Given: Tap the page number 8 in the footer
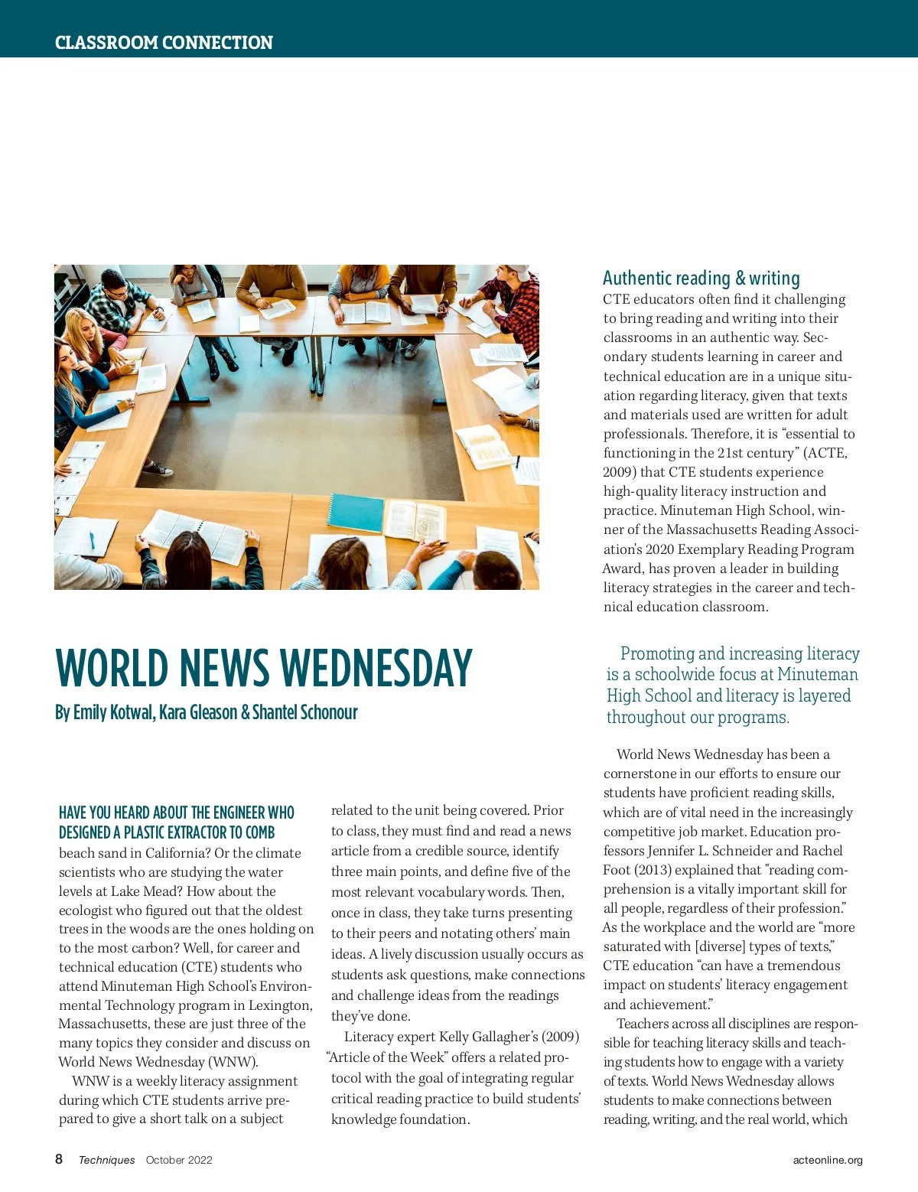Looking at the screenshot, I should (59, 1159).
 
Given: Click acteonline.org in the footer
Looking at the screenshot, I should (828, 1160).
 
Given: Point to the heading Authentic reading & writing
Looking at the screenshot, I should (701, 278).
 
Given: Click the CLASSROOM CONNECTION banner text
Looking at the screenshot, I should (164, 43).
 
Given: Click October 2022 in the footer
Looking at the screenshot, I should (179, 1160).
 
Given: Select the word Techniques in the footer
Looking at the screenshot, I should (106, 1160).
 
